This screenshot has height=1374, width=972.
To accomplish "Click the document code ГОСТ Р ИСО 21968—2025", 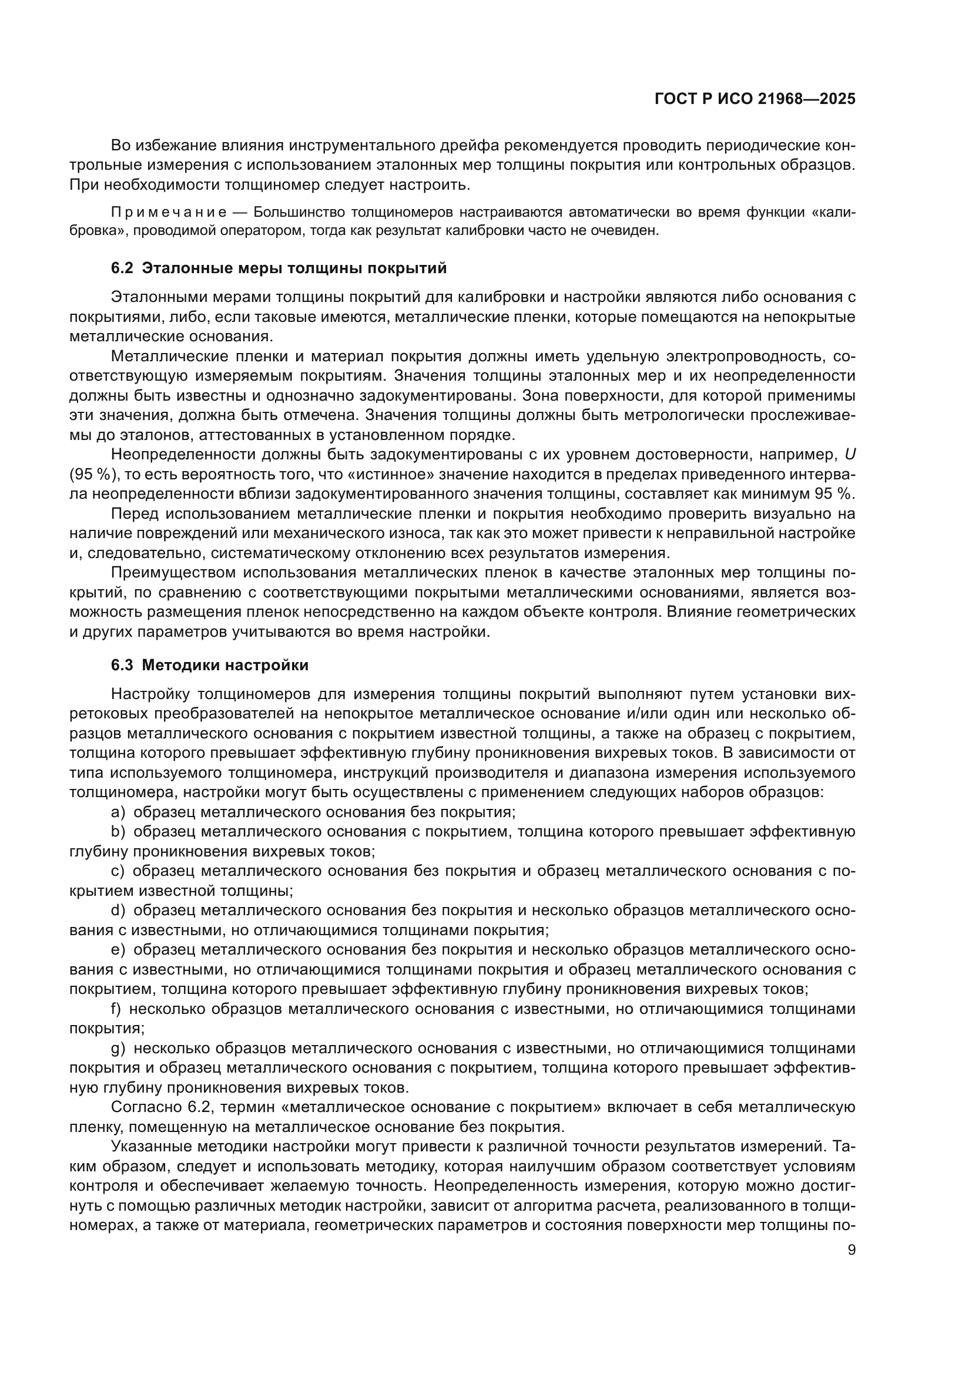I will click(755, 99).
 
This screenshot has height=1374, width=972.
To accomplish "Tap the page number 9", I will click(852, 1250).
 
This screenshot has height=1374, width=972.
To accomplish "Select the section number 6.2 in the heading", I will click(122, 268).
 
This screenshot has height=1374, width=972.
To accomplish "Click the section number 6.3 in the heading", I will click(122, 666).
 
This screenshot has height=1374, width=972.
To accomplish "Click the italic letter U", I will click(850, 455).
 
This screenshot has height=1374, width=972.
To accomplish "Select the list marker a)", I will click(118, 812).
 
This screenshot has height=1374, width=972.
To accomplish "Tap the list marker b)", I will click(118, 832).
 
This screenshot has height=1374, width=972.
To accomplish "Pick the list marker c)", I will click(118, 871).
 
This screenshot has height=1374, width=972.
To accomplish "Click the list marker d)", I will click(118, 911).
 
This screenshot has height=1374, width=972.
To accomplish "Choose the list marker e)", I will click(118, 950).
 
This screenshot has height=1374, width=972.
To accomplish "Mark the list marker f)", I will click(116, 1009).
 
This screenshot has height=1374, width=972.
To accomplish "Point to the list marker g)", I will click(118, 1049).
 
